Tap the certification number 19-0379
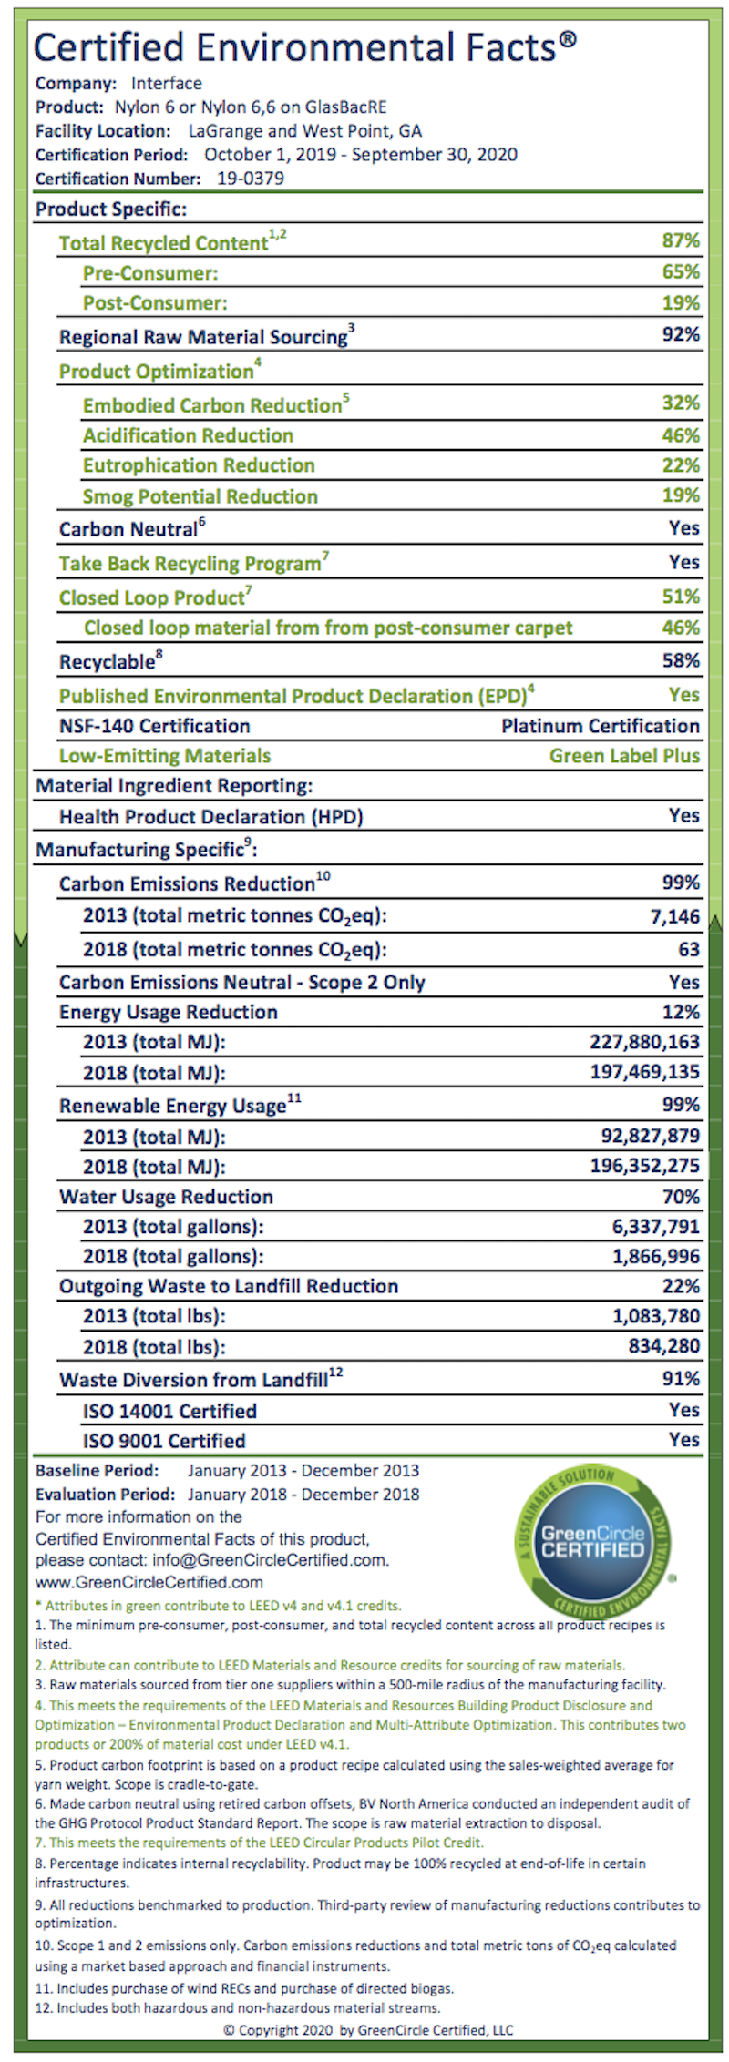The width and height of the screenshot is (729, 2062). pyautogui.click(x=251, y=179)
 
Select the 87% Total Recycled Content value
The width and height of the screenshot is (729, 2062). pyautogui.click(x=681, y=240)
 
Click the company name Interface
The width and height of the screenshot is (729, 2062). pyautogui.click(x=167, y=84)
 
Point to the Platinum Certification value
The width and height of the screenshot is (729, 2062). pyautogui.click(x=601, y=726)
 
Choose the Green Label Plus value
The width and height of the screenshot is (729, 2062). pyautogui.click(x=624, y=756)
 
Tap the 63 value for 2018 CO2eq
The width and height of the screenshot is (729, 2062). pyautogui.click(x=689, y=949)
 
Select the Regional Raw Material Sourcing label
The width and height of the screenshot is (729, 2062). pyautogui.click(x=203, y=337)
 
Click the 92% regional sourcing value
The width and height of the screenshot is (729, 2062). pyautogui.click(x=681, y=334)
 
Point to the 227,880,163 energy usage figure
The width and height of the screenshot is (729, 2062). pyautogui.click(x=645, y=1042)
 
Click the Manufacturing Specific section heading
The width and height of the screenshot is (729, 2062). pyautogui.click(x=146, y=850)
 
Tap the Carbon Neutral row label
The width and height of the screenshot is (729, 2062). pyautogui.click(x=128, y=529)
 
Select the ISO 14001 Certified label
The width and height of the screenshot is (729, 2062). pyautogui.click(x=169, y=1411)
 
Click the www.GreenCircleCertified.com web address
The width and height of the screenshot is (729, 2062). pyautogui.click(x=149, y=1582)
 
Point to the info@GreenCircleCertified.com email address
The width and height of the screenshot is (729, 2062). pyautogui.click(x=271, y=1559)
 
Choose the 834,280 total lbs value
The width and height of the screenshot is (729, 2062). pyautogui.click(x=664, y=1345)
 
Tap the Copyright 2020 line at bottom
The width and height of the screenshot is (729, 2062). pyautogui.click(x=368, y=2030)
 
